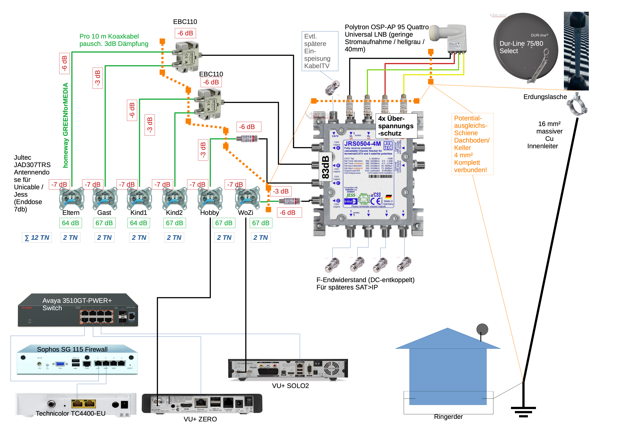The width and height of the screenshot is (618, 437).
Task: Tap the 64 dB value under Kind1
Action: click(139, 223)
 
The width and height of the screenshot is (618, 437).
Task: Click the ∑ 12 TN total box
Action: click(37, 238)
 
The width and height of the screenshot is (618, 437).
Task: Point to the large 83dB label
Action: click(325, 167)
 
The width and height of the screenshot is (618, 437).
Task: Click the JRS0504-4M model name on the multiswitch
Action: click(362, 144)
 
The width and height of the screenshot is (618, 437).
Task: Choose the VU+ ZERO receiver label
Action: click(200, 419)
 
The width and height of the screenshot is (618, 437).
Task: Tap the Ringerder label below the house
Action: click(448, 416)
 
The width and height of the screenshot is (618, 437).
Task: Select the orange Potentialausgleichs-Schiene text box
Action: click(472, 144)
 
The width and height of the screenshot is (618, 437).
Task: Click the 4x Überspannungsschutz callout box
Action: click(396, 126)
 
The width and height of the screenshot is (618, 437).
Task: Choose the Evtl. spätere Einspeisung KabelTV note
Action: click(320, 51)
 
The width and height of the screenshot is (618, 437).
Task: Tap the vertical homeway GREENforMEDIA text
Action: click(65, 125)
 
